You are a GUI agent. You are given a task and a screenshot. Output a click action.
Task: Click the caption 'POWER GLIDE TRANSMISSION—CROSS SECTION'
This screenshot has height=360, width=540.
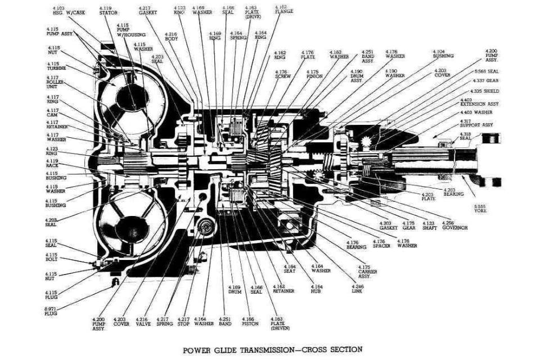pos(273,349)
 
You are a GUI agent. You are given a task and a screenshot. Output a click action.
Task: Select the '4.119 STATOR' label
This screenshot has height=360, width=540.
pos(109,11)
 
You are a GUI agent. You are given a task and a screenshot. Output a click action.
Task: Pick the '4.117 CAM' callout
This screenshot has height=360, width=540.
pos(52,112)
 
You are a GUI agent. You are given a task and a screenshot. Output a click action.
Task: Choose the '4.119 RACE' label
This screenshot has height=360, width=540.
pos(52,163)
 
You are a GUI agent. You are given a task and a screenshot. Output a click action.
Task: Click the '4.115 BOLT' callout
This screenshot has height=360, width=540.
pos(52,258)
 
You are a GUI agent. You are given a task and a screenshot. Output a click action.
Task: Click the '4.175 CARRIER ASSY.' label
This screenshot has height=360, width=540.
pos(367,271)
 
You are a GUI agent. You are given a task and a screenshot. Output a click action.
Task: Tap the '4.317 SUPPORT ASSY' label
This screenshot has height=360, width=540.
pos(476,124)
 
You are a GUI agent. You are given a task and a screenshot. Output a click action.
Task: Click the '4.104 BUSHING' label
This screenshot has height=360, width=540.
pos(443,54)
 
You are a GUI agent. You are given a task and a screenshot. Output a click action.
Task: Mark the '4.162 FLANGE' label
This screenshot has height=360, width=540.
pos(283,10)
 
